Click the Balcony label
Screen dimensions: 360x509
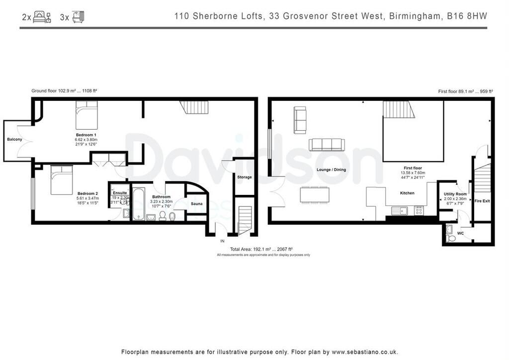coord(14,139)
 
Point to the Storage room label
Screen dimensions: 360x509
coord(244,177)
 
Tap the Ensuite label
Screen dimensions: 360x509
coord(119,192)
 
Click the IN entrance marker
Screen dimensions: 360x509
coord(222,241)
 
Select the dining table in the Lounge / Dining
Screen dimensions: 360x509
coord(315,194)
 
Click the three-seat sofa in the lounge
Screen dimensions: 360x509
coord(326,145)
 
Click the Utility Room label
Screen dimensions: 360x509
coord(455,194)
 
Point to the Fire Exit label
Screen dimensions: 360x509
coord(482,201)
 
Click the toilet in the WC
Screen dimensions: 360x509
coord(451,238)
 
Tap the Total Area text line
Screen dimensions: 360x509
coord(261,249)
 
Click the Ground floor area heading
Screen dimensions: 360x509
coord(64,91)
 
